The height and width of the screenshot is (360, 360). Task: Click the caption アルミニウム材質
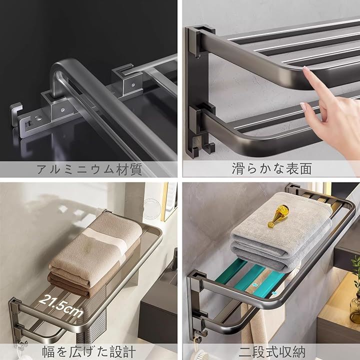click(89, 169)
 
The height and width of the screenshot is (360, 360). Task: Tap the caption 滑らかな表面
click(271, 169)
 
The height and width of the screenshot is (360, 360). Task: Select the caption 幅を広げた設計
click(89, 352)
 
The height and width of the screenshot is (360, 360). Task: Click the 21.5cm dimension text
click(61, 306)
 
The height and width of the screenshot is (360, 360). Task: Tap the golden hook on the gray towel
click(278, 216)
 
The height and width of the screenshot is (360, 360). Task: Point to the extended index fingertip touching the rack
click(306, 69)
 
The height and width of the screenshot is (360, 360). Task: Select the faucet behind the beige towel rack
click(174, 264)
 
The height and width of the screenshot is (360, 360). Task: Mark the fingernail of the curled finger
click(303, 105)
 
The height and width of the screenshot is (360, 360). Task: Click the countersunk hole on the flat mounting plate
click(38, 118)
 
